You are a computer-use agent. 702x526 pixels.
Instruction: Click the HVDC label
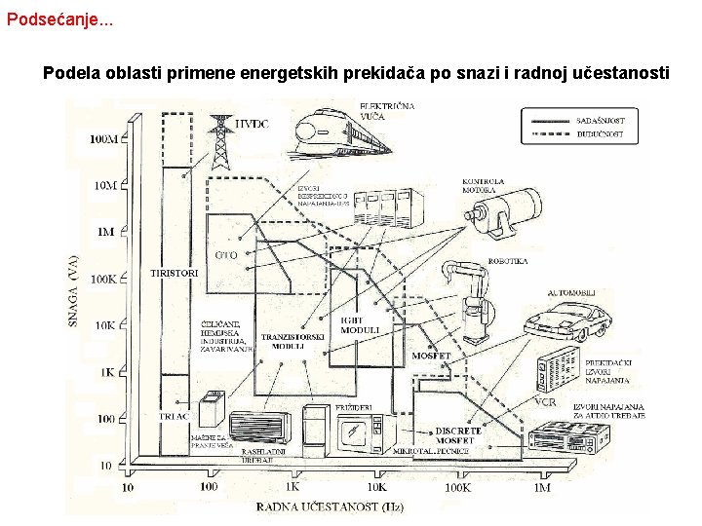point(253,124)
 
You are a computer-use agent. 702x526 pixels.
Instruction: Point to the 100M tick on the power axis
point(103,139)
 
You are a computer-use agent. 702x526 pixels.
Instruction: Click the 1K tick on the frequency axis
point(292,486)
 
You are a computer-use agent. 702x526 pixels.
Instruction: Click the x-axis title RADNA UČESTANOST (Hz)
point(330,507)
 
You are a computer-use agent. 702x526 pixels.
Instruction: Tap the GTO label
point(226,254)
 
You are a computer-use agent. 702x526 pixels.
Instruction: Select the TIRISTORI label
point(175,274)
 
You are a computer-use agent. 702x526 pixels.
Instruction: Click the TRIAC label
point(174,416)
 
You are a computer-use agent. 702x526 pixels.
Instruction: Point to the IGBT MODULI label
point(360,325)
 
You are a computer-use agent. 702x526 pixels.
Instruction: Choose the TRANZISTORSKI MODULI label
point(292,341)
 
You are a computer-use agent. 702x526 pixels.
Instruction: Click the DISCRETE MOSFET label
point(457,435)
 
